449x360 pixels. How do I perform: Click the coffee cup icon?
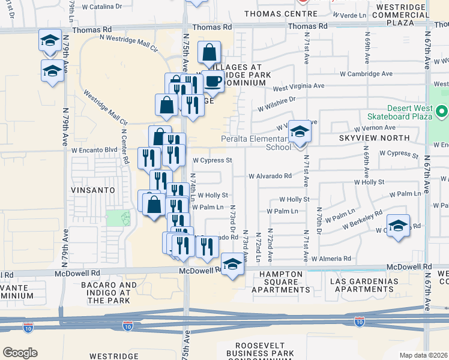pyautogui.click(x=213, y=81)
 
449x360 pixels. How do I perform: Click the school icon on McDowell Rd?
pyautogui.click(x=232, y=264)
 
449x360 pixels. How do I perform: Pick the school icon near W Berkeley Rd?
pyautogui.click(x=398, y=226)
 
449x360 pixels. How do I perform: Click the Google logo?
pyautogui.click(x=20, y=353)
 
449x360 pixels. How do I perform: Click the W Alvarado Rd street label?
pyautogui.click(x=270, y=176)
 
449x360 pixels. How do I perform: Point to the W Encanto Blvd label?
pyautogui.click(x=94, y=150)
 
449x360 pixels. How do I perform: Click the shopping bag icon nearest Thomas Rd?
pyautogui.click(x=209, y=53)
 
